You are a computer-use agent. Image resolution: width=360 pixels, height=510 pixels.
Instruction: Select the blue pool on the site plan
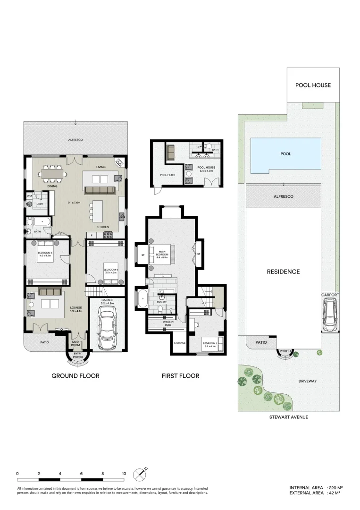[x=285, y=154]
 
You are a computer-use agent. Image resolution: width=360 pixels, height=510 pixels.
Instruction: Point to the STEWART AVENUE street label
[x=288, y=417]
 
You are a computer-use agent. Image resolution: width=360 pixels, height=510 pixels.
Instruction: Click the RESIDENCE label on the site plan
[x=283, y=272]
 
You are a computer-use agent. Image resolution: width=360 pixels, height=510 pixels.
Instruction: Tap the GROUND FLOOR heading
[x=75, y=376]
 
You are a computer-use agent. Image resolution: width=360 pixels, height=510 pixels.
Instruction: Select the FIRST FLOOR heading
[x=180, y=376]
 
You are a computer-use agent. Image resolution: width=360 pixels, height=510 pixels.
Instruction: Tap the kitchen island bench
[x=98, y=211]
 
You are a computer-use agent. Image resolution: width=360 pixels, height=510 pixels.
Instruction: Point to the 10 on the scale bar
[x=124, y=473]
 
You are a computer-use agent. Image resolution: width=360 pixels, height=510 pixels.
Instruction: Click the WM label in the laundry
[x=29, y=195]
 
